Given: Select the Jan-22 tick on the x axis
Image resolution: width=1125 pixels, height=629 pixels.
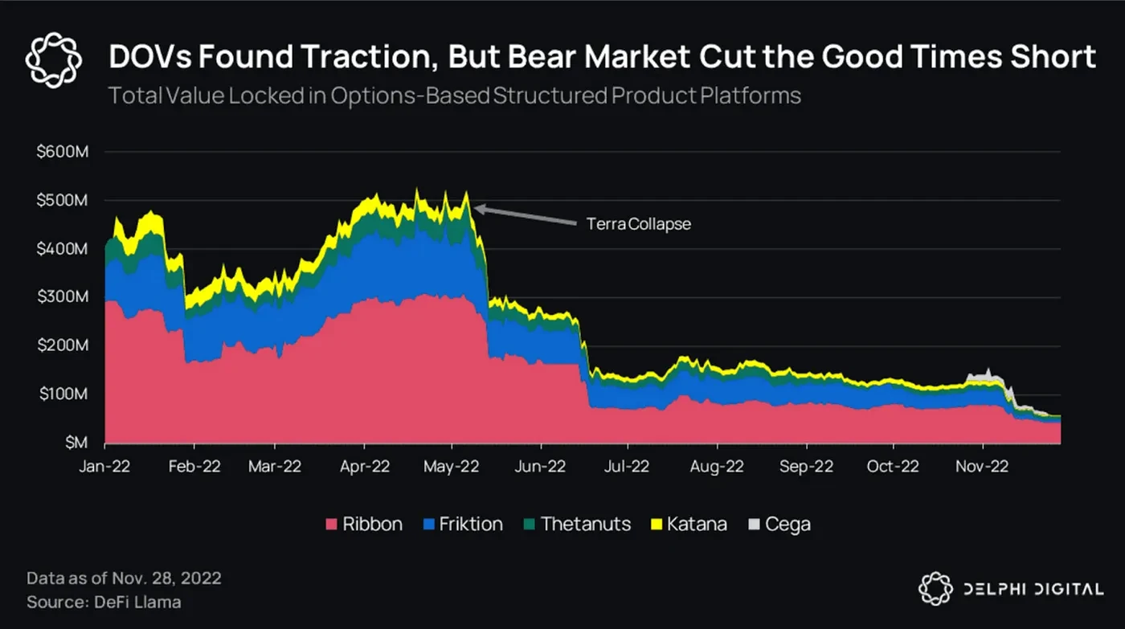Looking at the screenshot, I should pos(105,466).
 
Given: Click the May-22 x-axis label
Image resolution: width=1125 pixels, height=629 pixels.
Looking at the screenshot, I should pos(451,466).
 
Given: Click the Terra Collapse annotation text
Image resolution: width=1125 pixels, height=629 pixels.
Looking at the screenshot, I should pos(639,224).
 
